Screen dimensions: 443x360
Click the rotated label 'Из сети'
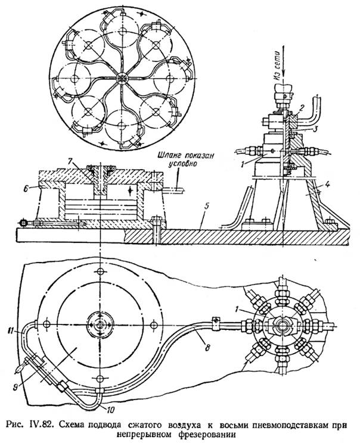tap(278, 67)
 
